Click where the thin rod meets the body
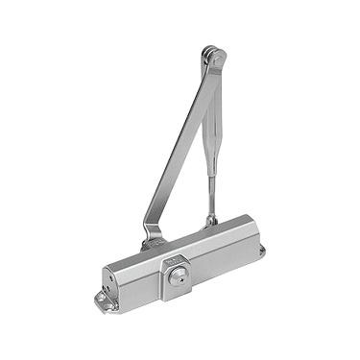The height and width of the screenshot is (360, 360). click(212, 221)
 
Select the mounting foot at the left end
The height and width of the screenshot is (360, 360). click(103, 300)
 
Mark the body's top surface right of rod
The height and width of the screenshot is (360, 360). click(230, 229)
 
